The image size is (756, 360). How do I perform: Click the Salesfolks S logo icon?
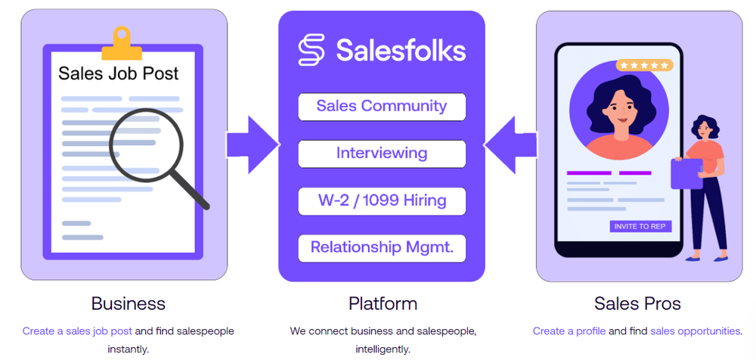(x=311, y=51)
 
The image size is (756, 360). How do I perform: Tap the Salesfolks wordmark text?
(x=401, y=51)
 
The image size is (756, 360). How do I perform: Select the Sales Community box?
(x=382, y=106)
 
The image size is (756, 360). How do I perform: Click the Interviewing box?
(x=382, y=154)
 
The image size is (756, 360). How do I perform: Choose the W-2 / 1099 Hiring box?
(x=382, y=201)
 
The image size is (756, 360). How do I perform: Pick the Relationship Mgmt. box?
(x=382, y=247)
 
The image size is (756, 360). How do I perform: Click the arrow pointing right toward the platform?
(x=253, y=143)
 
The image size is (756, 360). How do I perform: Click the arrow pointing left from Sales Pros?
(x=510, y=143)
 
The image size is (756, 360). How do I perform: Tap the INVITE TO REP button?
(x=640, y=226)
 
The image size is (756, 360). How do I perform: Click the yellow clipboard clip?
(x=122, y=42)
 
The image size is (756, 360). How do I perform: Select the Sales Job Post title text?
(x=119, y=73)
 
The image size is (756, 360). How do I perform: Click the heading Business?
(x=128, y=304)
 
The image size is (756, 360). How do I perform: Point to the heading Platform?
(x=383, y=304)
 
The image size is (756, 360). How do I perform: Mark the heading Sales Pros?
(x=637, y=304)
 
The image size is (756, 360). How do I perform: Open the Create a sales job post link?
(x=77, y=331)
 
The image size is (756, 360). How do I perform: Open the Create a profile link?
(x=569, y=331)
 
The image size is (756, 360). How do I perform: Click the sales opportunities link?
(x=695, y=331)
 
